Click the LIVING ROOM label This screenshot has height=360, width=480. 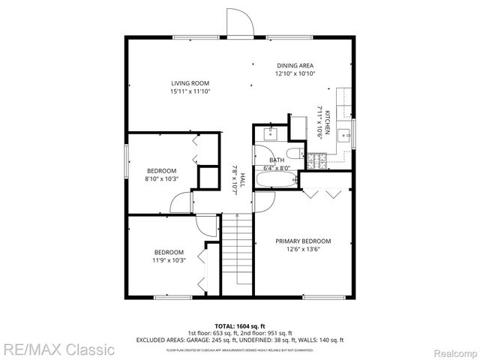pyautogui.click(x=190, y=83)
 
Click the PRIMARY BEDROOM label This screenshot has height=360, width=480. pyautogui.click(x=302, y=241)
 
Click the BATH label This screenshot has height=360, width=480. pyautogui.click(x=277, y=160)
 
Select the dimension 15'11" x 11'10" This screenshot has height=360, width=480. pyautogui.click(x=190, y=91)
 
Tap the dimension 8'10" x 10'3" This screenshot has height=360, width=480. pyautogui.click(x=161, y=178)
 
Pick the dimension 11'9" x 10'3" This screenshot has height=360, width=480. pyautogui.click(x=169, y=260)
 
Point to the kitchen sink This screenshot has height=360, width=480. pyautogui.click(x=344, y=136)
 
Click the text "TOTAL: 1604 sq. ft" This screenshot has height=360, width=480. pyautogui.click(x=240, y=326)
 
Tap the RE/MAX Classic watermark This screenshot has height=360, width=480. pyautogui.click(x=58, y=349)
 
